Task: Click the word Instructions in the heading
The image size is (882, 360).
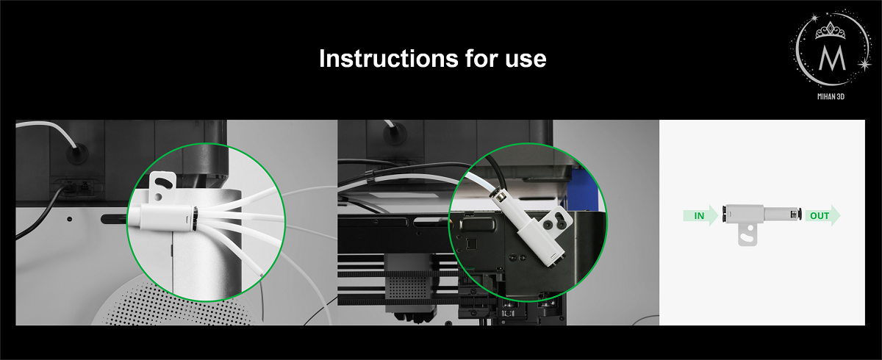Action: coord(388,58)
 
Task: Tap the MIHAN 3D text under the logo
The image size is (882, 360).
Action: coord(831,96)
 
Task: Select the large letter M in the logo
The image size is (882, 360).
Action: coord(832,58)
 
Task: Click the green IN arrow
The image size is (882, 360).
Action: coord(701,215)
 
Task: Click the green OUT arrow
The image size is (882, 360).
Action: coord(822,215)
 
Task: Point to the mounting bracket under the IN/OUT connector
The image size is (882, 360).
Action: coord(747,235)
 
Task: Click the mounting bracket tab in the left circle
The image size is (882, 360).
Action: coord(162,186)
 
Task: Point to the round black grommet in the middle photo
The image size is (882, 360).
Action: coord(395,134)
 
